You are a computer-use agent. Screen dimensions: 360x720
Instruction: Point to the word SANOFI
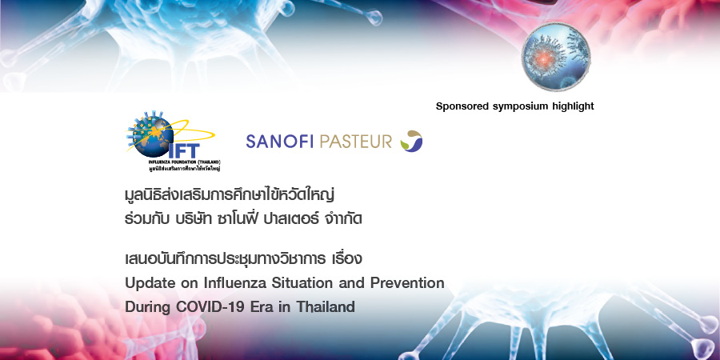coord(279,142)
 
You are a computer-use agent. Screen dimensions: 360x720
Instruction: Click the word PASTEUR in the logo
coord(356,142)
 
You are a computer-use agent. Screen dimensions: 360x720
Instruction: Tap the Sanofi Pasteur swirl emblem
coord(411,142)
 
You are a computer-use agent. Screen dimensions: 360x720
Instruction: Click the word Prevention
coord(406,283)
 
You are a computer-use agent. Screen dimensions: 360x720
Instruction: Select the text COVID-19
coord(210,307)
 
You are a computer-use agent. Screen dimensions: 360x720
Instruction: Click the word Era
coord(260,307)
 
